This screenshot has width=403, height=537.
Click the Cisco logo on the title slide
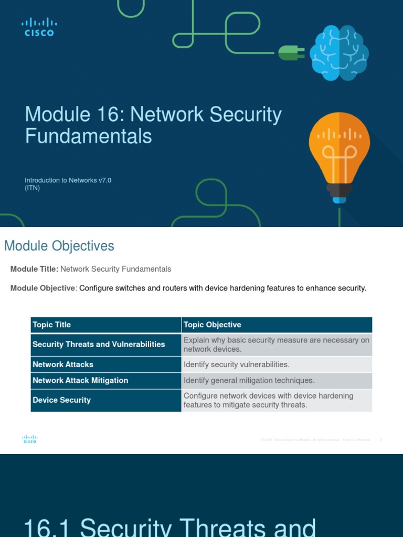pyautogui.click(x=39, y=27)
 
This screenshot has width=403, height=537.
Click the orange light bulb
pyautogui.click(x=339, y=152)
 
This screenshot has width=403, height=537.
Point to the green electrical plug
pyautogui.click(x=290, y=52)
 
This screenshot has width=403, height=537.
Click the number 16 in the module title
pyautogui.click(x=110, y=115)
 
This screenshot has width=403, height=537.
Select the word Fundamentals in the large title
pyautogui.click(x=88, y=136)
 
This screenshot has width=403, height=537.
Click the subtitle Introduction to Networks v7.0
pyautogui.click(x=68, y=180)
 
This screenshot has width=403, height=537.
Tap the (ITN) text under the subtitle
pyautogui.click(x=33, y=188)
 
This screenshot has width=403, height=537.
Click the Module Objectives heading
pyautogui.click(x=59, y=246)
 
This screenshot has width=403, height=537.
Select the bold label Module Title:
pyautogui.click(x=34, y=269)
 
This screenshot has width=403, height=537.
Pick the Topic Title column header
pyautogui.click(x=51, y=325)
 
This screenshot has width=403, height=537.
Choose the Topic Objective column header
pyautogui.click(x=212, y=325)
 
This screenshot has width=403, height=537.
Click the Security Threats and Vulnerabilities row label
pyautogui.click(x=99, y=345)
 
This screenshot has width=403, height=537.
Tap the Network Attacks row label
pyautogui.click(x=63, y=364)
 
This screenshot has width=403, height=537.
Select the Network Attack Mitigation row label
pyautogui.click(x=80, y=381)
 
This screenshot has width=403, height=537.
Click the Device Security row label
pyautogui.click(x=61, y=400)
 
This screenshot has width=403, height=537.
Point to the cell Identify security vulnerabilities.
pyautogui.click(x=236, y=364)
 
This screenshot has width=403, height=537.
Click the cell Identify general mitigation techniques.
pyautogui.click(x=249, y=381)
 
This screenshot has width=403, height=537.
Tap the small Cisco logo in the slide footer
pyautogui.click(x=30, y=439)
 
